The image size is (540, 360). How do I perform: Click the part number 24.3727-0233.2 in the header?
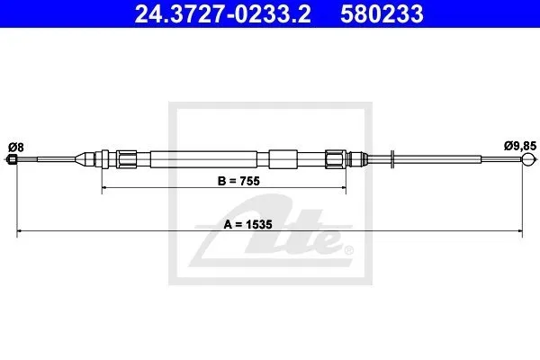point(222,13)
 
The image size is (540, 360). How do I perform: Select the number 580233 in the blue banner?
point(382,13)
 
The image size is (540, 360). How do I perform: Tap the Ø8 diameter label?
point(16,148)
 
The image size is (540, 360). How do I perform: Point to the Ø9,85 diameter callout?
point(520,146)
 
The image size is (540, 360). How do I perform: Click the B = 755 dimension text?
point(238,181)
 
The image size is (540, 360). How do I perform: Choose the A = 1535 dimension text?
point(248,225)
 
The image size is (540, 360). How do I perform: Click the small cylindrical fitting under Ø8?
point(12,159)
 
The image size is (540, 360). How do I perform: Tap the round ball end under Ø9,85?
point(528,159)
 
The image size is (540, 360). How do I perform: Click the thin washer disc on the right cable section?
point(391,159)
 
